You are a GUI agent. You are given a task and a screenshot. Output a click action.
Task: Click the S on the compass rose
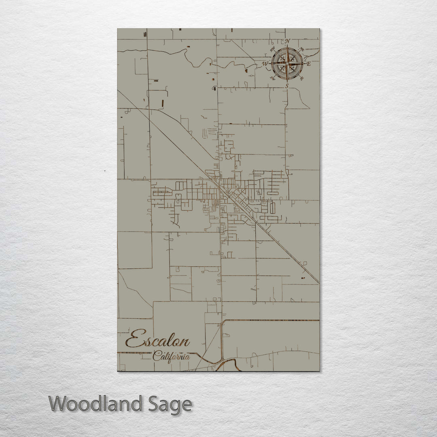(287, 86)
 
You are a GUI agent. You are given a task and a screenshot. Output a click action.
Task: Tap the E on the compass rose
(308, 64)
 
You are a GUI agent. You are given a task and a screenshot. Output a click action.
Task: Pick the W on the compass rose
(265, 64)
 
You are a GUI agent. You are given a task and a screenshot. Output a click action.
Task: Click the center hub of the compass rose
(287, 64)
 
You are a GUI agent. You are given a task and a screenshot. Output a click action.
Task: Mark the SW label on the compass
(273, 78)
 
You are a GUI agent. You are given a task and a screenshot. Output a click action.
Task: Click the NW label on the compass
(273, 50)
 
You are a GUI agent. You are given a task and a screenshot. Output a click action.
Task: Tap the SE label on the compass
(301, 78)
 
